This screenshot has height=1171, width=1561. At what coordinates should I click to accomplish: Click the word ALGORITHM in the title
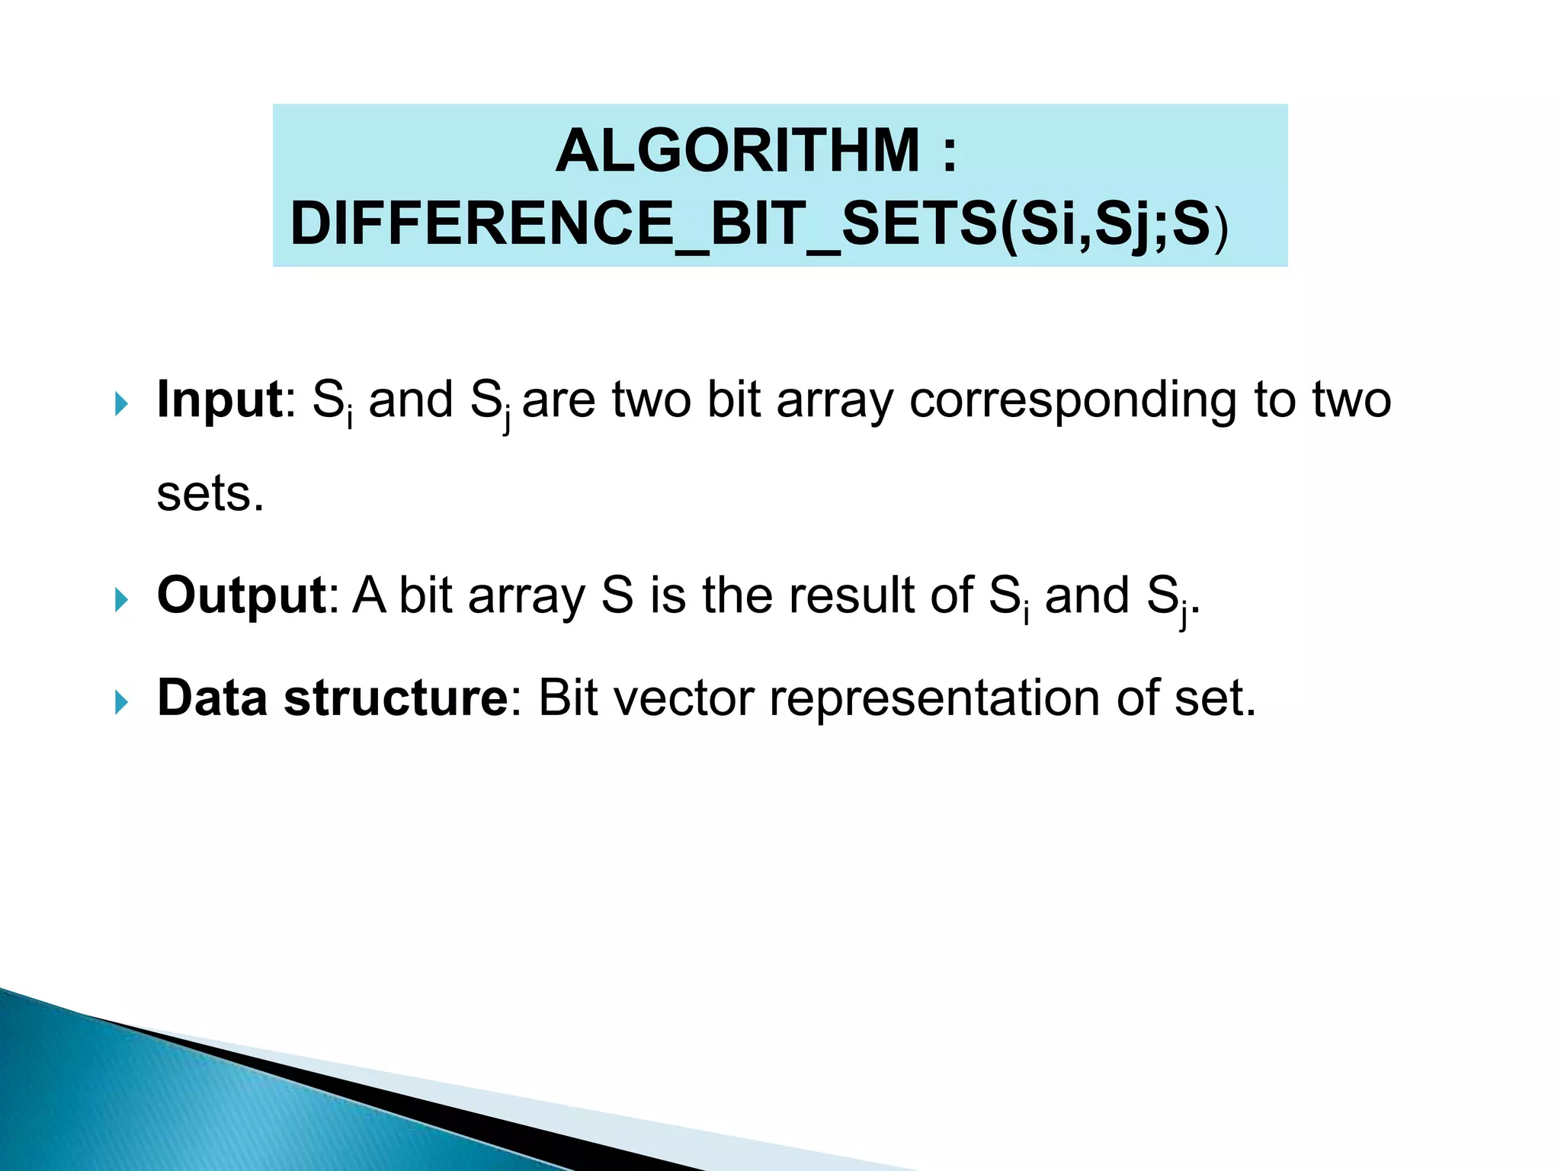[737, 151]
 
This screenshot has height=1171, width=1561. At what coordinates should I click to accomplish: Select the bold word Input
[219, 399]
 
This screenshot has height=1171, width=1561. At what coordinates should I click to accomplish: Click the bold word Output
[242, 595]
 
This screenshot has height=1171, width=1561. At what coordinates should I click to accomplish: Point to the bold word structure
[396, 698]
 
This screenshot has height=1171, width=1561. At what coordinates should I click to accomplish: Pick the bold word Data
[211, 698]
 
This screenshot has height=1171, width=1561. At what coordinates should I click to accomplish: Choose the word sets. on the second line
[210, 495]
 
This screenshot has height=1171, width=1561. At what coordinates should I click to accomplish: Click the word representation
[934, 699]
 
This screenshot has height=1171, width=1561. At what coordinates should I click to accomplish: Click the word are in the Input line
[558, 401]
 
